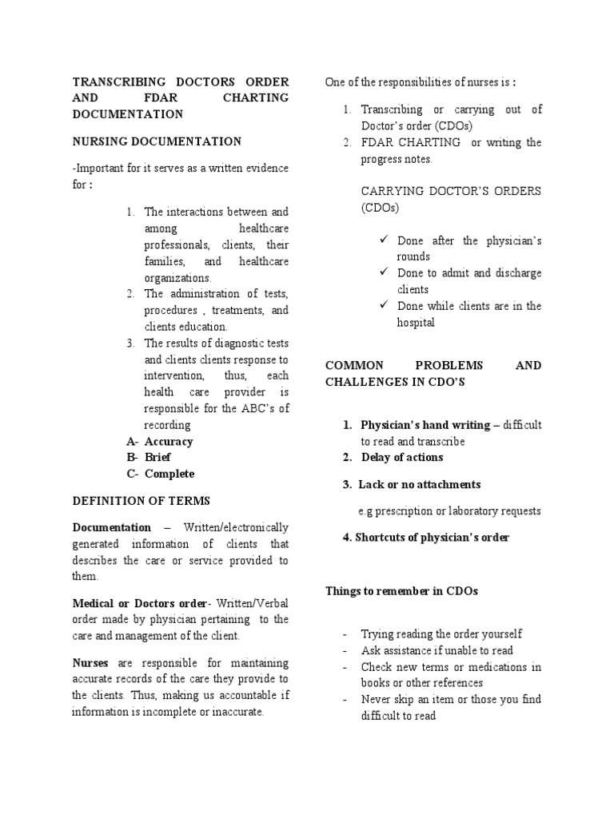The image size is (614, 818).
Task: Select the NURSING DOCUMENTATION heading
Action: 157,141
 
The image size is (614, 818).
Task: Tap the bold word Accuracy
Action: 169,441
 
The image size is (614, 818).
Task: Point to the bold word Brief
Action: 157,458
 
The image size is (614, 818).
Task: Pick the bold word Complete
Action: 169,474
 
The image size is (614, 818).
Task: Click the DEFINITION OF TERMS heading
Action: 142,501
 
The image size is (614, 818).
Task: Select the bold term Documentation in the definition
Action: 111,527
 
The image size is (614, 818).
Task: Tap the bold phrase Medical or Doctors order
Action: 139,603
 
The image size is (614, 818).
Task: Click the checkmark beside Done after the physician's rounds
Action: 385,240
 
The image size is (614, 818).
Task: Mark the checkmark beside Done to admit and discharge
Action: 385,273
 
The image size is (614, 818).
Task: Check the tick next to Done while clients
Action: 385,306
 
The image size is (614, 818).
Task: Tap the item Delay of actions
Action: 401,457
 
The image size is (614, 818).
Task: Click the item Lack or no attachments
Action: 419,484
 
